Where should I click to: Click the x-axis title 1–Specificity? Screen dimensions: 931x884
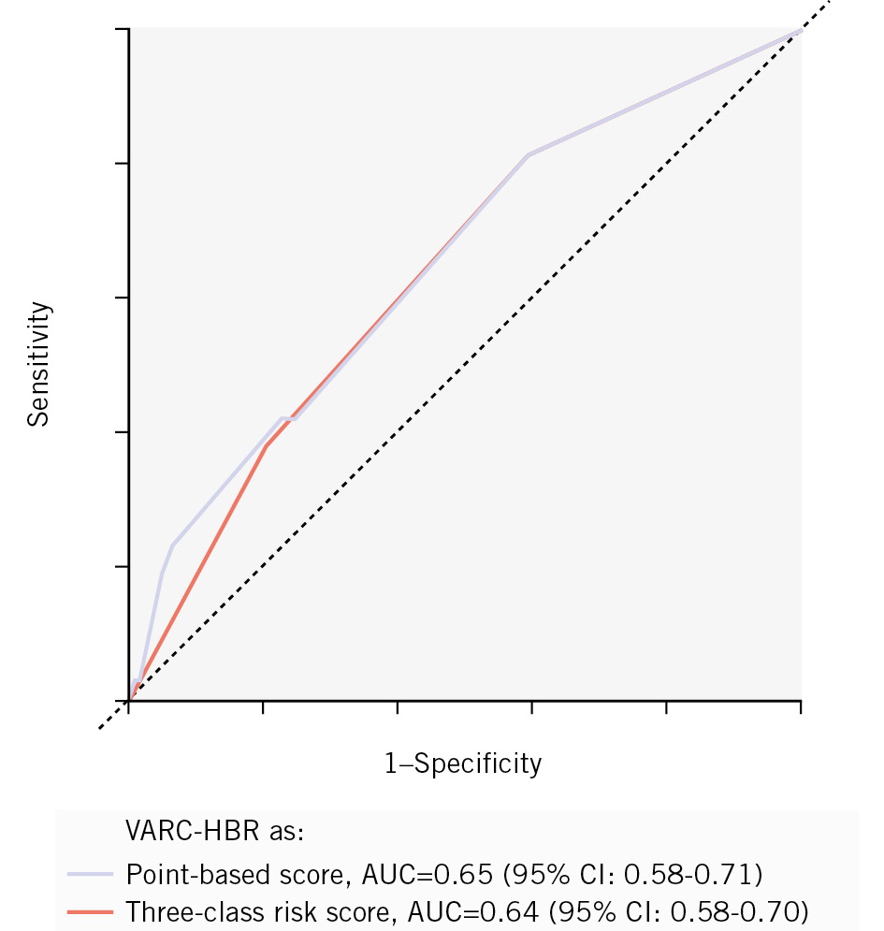(463, 764)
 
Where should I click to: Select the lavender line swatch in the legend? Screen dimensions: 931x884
(92, 874)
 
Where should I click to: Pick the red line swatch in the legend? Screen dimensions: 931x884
(92, 909)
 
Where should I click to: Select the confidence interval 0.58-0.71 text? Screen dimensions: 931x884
(693, 874)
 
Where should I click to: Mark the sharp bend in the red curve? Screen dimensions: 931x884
(267, 445)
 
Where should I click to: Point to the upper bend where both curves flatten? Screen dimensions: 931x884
(529, 154)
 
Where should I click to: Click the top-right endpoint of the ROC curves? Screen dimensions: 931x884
(800, 30)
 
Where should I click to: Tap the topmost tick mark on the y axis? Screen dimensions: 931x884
(123, 29)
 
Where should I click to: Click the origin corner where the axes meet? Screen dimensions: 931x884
(129, 700)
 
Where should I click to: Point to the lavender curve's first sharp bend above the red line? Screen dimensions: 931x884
(172, 545)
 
